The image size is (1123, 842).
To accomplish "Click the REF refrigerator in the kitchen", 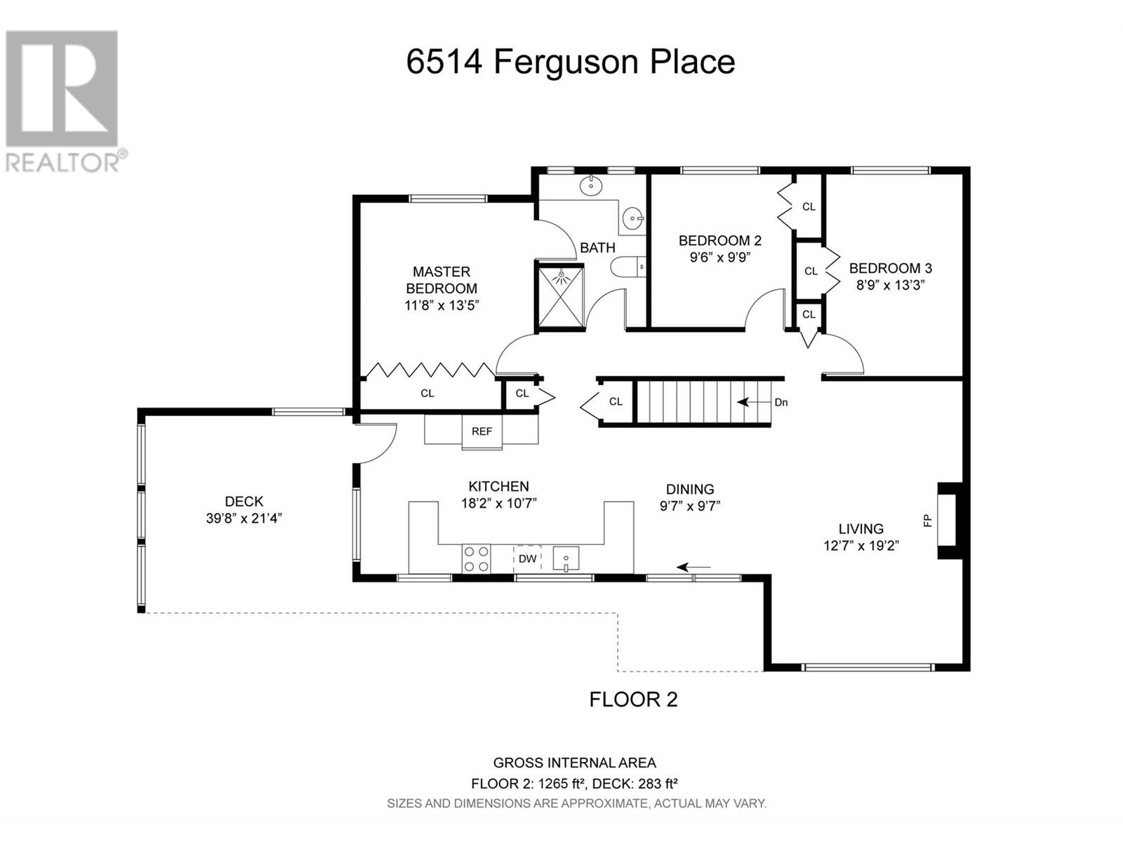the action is click(481, 432).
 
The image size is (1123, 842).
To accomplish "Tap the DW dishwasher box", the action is click(527, 559).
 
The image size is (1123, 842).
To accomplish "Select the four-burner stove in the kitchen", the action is click(476, 559).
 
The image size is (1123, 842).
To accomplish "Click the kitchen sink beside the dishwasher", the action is click(566, 559).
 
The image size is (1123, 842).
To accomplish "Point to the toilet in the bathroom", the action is click(628, 267).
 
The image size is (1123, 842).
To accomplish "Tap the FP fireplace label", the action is click(928, 521).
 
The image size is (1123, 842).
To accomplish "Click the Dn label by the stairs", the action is click(780, 402).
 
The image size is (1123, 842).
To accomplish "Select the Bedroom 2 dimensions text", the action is click(720, 257).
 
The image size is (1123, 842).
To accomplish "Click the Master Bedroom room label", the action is click(441, 280).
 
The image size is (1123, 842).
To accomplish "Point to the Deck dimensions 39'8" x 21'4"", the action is click(244, 519).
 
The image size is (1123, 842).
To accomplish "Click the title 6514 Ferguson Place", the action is click(571, 62).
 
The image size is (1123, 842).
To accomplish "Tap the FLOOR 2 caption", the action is click(633, 700).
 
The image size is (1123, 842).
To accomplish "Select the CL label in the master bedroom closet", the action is click(427, 393).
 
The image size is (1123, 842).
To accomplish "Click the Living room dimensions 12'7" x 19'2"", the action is click(861, 546).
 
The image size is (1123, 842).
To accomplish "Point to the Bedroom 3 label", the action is click(890, 268).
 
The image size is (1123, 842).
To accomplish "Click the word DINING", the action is click(690, 489).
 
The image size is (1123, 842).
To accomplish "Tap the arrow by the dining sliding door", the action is click(693, 567).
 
